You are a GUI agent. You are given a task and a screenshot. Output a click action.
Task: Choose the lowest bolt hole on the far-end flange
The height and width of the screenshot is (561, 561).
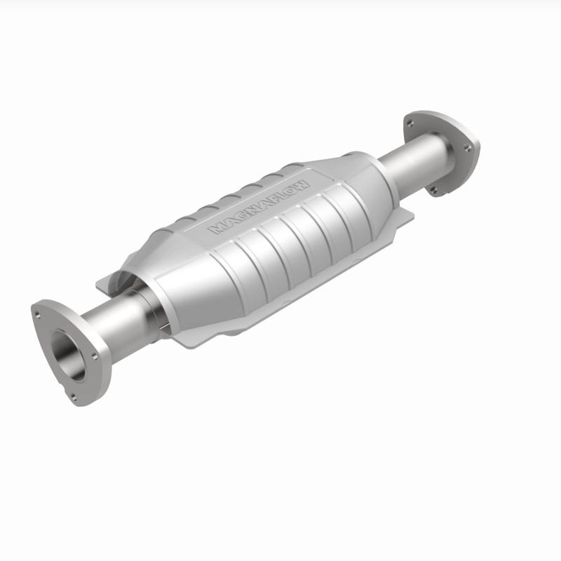434,188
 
